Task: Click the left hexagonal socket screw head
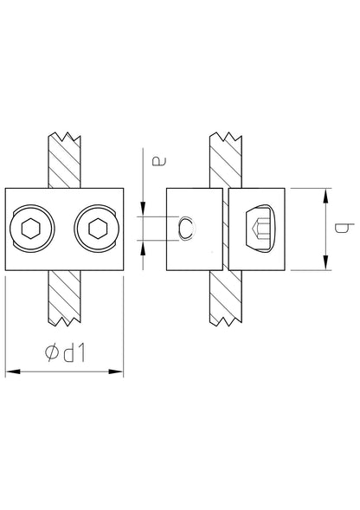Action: [x=31, y=229]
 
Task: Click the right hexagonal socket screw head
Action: [x=97, y=229]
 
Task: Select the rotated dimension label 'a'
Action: [x=160, y=161]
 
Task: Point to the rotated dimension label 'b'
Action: [x=344, y=228]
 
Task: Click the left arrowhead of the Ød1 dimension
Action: [x=13, y=371]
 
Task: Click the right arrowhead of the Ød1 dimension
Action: [x=116, y=371]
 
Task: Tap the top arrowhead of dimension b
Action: [x=325, y=196]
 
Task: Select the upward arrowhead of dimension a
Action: [x=143, y=248]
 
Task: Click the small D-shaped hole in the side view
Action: [x=187, y=229]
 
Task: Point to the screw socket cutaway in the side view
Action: [x=260, y=229]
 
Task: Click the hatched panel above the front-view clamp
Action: [x=64, y=160]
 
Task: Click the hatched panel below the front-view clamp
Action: [x=64, y=298]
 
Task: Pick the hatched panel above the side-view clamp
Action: [x=226, y=160]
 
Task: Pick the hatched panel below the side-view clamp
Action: [x=226, y=298]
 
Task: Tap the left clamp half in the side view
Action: [x=195, y=229]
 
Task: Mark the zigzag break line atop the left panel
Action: [x=64, y=136]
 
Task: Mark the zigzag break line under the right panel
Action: [x=226, y=321]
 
